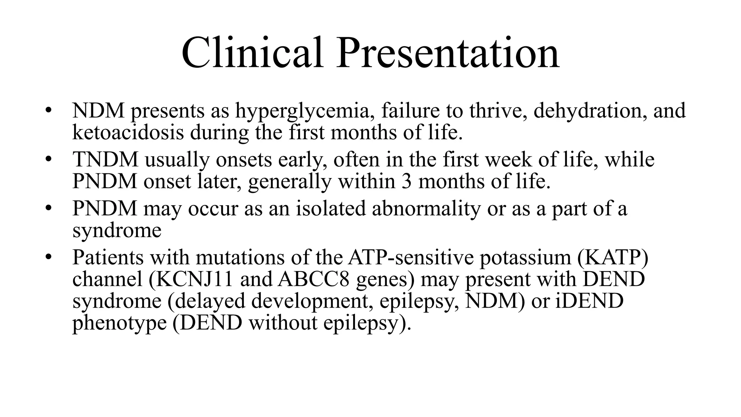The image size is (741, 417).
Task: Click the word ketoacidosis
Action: [x=128, y=132]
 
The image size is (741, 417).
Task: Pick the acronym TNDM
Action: [x=105, y=159]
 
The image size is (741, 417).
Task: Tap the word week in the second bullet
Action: [x=508, y=159]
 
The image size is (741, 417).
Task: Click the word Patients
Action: [x=108, y=257]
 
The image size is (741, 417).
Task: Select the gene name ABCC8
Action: [x=313, y=279]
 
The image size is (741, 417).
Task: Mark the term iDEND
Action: [x=589, y=301]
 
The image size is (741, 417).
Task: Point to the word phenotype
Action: [x=119, y=323]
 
